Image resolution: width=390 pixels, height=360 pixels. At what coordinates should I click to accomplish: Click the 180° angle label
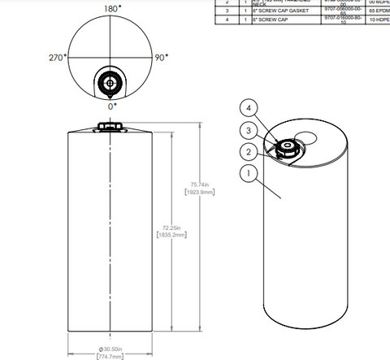(111, 7)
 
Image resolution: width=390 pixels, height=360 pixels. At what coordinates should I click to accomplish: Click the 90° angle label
(162, 58)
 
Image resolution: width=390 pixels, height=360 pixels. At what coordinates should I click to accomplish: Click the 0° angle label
(112, 106)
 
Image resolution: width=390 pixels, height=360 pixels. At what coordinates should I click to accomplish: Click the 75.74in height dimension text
(201, 184)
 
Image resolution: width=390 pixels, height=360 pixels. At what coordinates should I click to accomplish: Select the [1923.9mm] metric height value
(201, 193)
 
